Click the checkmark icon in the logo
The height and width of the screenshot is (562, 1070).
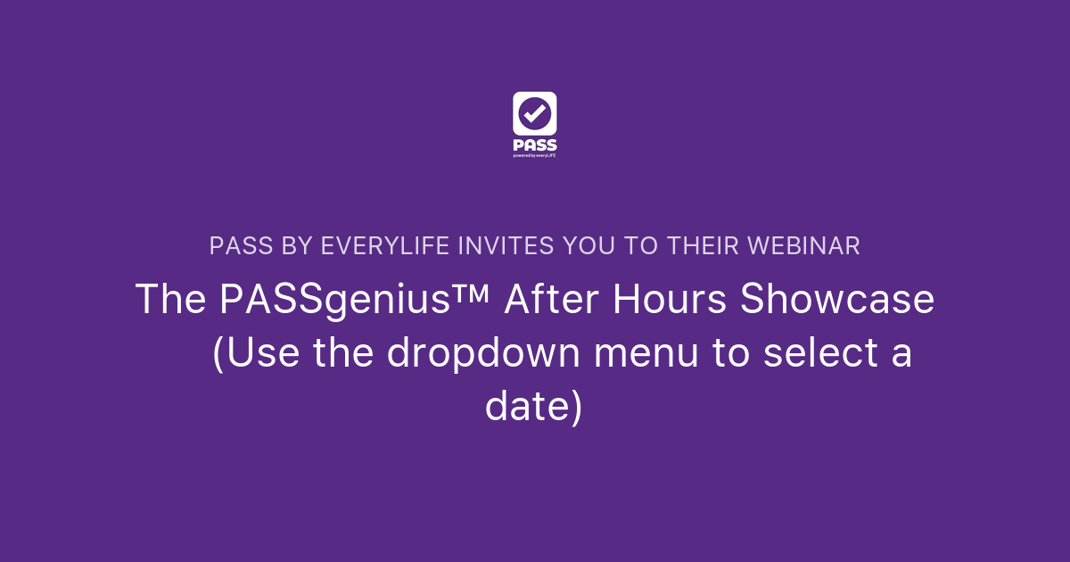pyautogui.click(x=535, y=114)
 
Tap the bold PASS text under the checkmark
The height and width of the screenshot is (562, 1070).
pyautogui.click(x=535, y=145)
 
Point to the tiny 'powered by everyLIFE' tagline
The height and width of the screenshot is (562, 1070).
pyautogui.click(x=535, y=155)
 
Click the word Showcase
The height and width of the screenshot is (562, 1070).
pyautogui.click(x=838, y=300)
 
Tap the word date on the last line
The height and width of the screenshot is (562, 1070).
pyautogui.click(x=525, y=407)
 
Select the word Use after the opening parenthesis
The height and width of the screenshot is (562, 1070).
pyautogui.click(x=259, y=353)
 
